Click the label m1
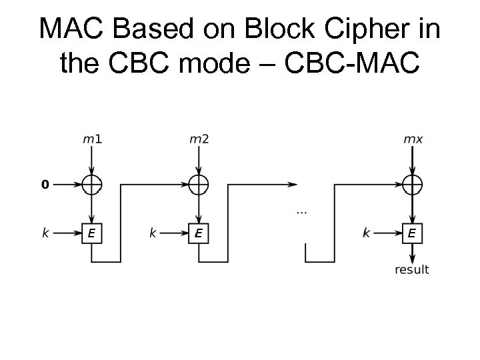pyautogui.click(x=92, y=139)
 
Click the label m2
pyautogui.click(x=199, y=139)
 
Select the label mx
pyautogui.click(x=413, y=139)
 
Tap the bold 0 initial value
pyautogui.click(x=45, y=185)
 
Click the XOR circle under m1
pyautogui.click(x=92, y=185)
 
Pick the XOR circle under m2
pyautogui.click(x=199, y=185)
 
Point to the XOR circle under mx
pyautogui.click(x=413, y=185)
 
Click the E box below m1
pyautogui.click(x=92, y=233)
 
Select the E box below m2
pyautogui.click(x=199, y=233)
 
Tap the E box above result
pyautogui.click(x=413, y=233)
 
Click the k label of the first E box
pyautogui.click(x=45, y=233)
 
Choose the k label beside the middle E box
pyautogui.click(x=153, y=233)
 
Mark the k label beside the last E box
pyautogui.click(x=366, y=233)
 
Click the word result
pyautogui.click(x=412, y=270)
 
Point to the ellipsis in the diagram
pyautogui.click(x=301, y=212)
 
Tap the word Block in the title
pyautogui.click(x=273, y=29)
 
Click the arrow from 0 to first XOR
pyautogui.click(x=67, y=185)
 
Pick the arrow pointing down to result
pyautogui.click(x=413, y=253)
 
